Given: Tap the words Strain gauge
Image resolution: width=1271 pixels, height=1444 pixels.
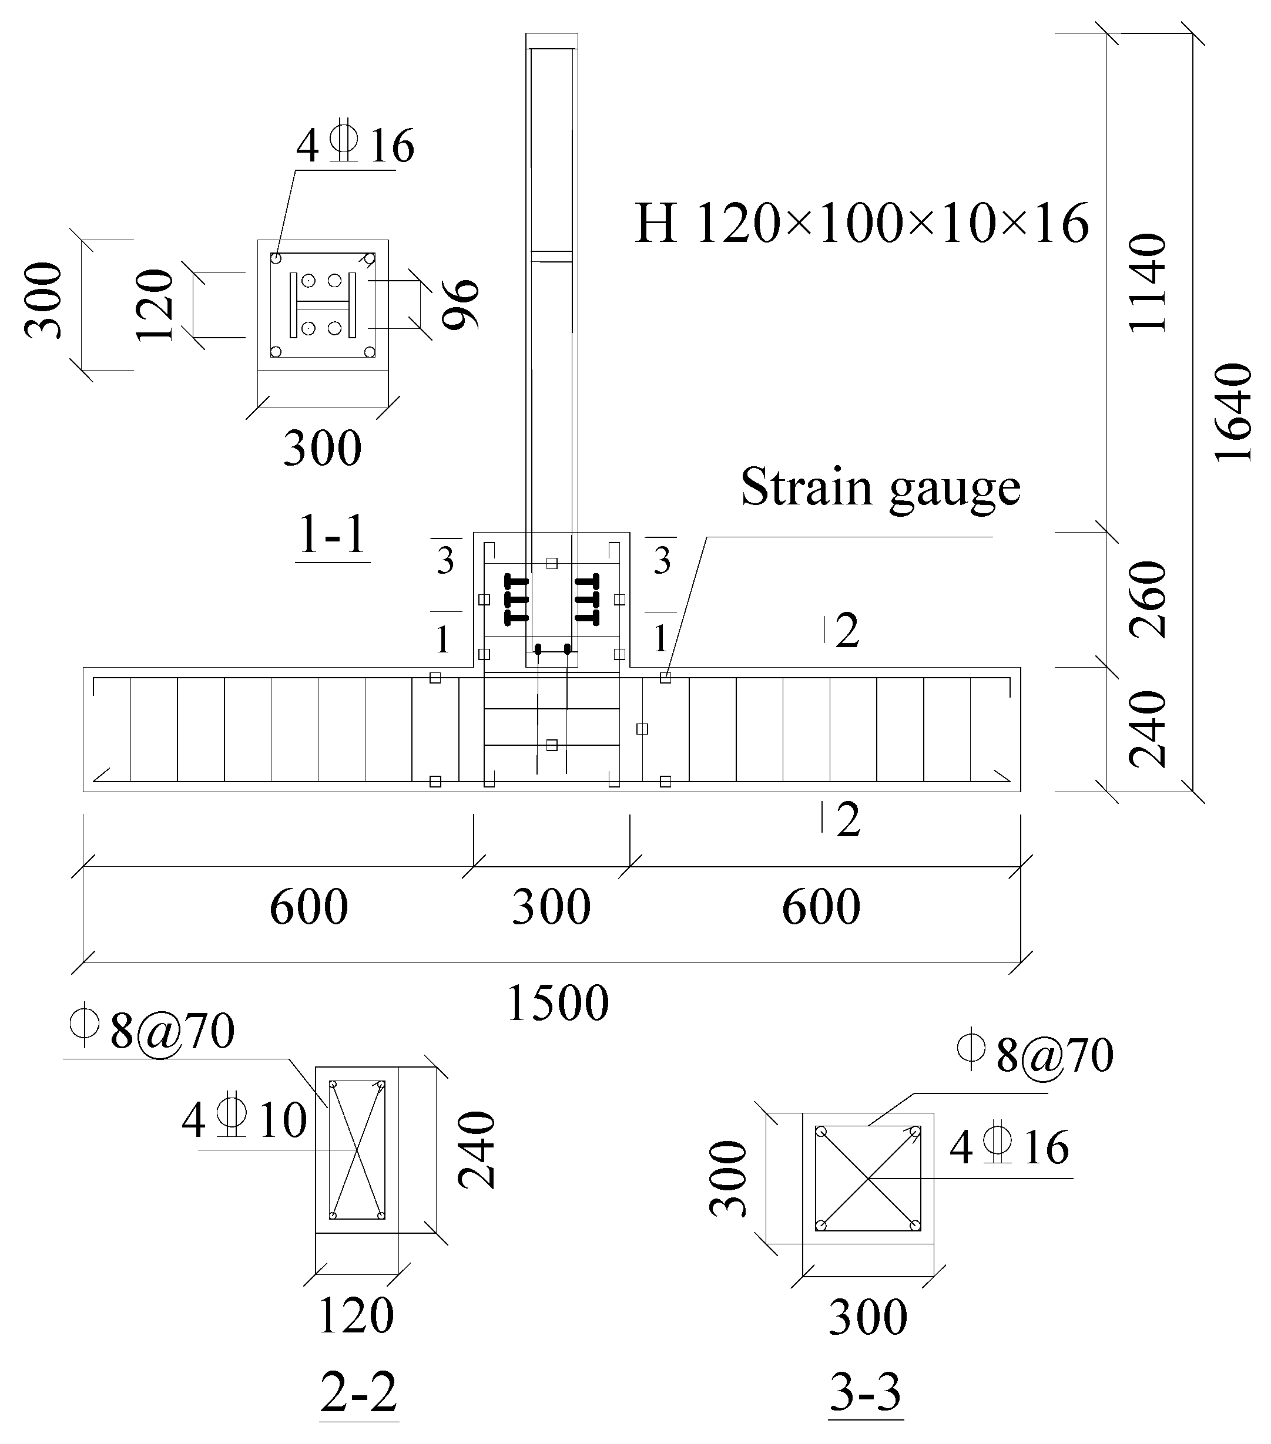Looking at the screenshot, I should pos(880,488).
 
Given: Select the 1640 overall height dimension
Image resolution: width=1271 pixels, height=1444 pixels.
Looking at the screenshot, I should pos(1233,413).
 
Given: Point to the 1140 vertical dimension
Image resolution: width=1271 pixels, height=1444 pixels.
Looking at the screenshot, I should pos(1146,282).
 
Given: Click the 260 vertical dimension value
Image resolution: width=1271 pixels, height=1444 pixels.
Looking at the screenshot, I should pos(1146,599).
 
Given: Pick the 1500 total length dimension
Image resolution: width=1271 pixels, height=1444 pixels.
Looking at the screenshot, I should pos(558,1003).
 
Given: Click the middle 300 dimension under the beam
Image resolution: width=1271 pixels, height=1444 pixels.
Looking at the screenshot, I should pos(551,908).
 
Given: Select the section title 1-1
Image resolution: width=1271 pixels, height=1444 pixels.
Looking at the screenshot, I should pos(332,535).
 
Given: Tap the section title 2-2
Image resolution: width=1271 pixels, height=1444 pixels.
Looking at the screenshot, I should pos(358,1392).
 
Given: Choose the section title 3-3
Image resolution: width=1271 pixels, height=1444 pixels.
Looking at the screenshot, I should pos(865,1392).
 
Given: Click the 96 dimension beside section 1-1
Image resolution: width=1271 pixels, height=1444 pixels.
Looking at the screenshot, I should pos(460,305).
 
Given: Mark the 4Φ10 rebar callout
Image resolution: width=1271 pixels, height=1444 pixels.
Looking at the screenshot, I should pos(244,1120).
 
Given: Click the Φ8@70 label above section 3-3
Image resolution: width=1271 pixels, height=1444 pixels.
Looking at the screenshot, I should pos(1035,1055).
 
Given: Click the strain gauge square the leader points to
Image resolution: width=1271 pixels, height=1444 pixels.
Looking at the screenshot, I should pos(665,678).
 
